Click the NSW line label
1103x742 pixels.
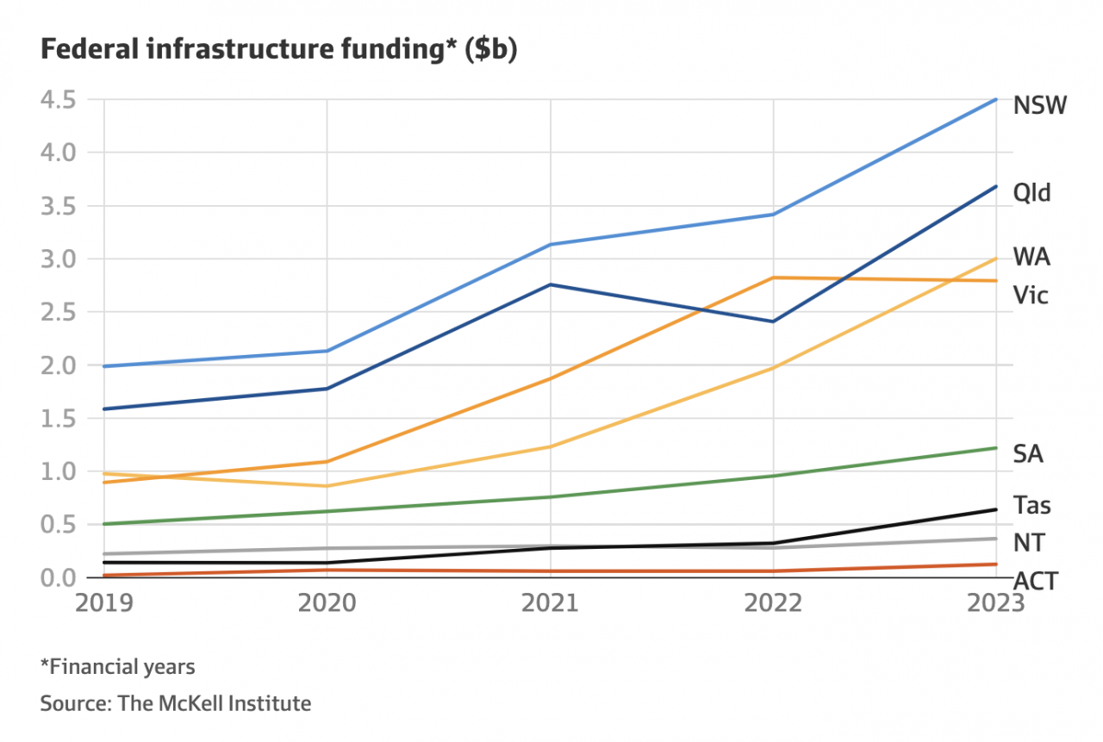point(1040,106)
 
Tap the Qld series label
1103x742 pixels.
point(1032,192)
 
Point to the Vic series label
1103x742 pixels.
point(1031,296)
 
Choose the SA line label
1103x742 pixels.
point(1028,454)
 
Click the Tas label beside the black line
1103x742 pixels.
point(1031,505)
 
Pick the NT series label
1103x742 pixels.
point(1029,543)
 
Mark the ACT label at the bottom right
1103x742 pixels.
point(1035,581)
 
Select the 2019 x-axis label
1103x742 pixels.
point(104,602)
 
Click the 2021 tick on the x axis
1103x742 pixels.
point(551,602)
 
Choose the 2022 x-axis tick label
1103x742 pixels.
point(774,602)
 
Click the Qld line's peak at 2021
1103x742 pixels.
point(551,284)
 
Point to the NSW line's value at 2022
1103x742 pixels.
point(774,214)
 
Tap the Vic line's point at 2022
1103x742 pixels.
point(774,277)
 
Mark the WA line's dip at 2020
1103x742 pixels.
point(327,486)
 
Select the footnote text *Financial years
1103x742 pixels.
point(117,666)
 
